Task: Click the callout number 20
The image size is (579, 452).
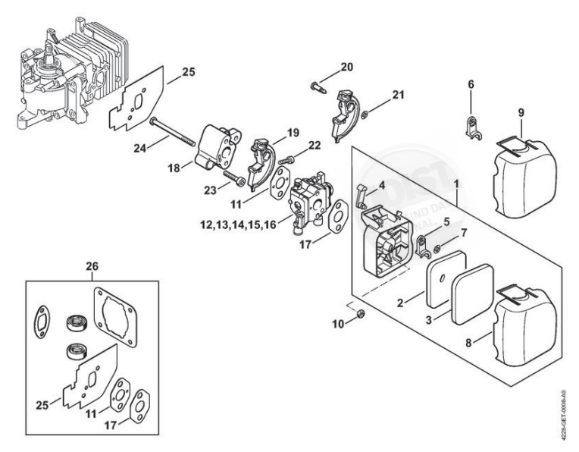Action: click(346, 67)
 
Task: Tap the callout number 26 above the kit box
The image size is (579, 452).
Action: click(92, 267)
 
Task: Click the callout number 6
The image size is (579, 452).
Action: click(470, 84)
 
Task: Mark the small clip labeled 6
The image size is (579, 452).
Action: click(472, 124)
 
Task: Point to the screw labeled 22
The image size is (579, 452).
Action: click(286, 161)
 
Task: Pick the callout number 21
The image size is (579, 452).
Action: click(397, 95)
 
